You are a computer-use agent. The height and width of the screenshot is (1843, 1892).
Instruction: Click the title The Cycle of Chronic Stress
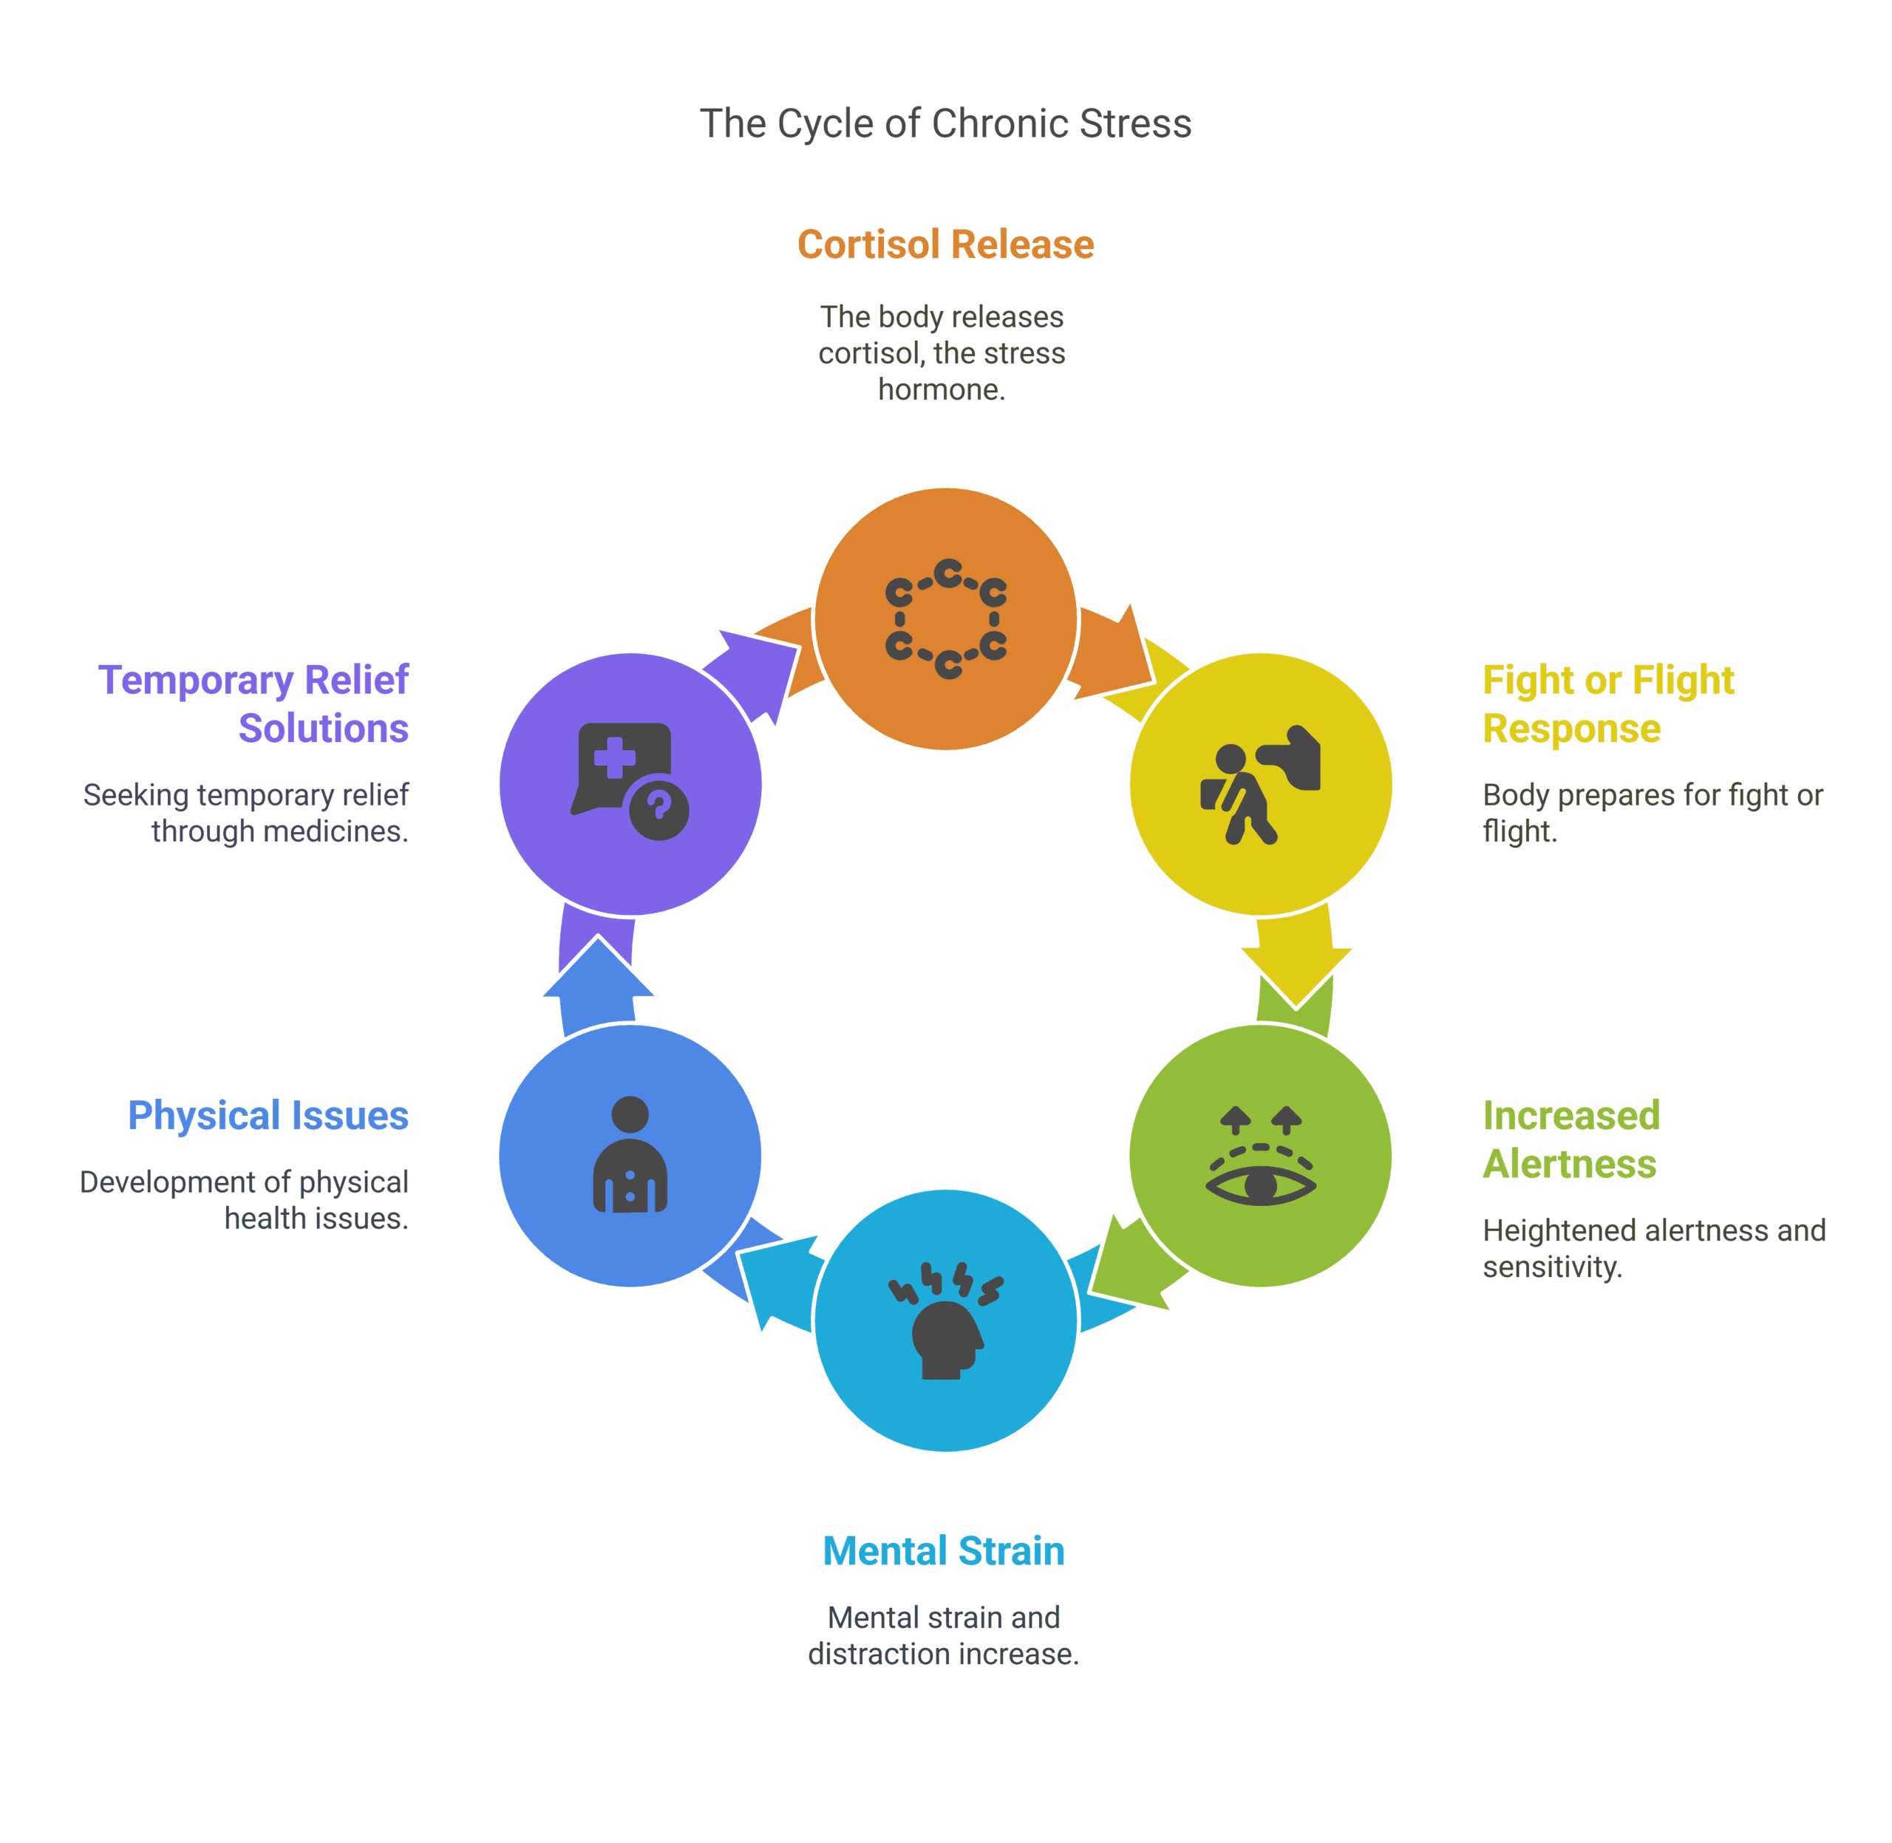pos(945,124)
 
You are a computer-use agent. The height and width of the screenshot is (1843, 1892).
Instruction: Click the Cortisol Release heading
pos(945,244)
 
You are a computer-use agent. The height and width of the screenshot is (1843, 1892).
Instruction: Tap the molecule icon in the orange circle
pos(945,619)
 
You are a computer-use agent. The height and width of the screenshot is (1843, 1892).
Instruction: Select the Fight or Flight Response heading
pos(1607,704)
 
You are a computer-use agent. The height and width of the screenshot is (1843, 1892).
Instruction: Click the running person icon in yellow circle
pos(1259,784)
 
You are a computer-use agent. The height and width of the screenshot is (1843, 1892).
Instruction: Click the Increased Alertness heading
pos(1571,1139)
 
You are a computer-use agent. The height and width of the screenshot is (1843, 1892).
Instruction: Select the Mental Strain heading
pos(943,1550)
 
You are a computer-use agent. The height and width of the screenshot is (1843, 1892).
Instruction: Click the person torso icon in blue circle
pos(630,1156)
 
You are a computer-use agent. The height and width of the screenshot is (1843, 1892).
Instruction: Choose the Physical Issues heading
pos(268,1115)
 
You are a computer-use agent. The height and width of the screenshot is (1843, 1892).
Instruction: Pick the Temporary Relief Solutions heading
pos(253,704)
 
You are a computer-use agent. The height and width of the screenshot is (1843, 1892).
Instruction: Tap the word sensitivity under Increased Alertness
pos(1551,1266)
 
